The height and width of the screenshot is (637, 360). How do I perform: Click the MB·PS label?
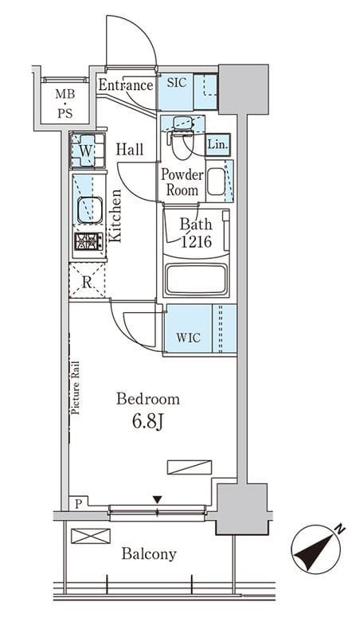click(65, 104)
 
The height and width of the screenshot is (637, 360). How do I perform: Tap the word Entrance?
click(126, 85)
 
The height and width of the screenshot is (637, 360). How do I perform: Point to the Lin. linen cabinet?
click(218, 144)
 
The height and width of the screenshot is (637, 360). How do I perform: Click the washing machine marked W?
click(88, 150)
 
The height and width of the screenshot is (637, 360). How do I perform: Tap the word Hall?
click(130, 150)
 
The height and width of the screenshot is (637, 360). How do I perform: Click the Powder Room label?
click(182, 182)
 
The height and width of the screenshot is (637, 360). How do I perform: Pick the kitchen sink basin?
click(90, 209)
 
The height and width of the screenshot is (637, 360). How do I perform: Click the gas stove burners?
click(88, 242)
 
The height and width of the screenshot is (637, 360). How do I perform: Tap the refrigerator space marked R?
click(87, 281)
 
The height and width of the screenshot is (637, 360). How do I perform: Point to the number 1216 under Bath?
click(196, 242)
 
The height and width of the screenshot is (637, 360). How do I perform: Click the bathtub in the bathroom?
click(195, 279)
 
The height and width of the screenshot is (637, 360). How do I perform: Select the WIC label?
click(189, 338)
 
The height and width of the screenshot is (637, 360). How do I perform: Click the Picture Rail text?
click(76, 389)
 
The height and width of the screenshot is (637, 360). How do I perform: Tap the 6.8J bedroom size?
click(148, 423)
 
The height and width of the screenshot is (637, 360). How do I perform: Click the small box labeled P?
click(78, 504)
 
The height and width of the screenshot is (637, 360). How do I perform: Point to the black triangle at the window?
click(157, 499)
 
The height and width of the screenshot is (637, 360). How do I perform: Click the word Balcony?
click(149, 554)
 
